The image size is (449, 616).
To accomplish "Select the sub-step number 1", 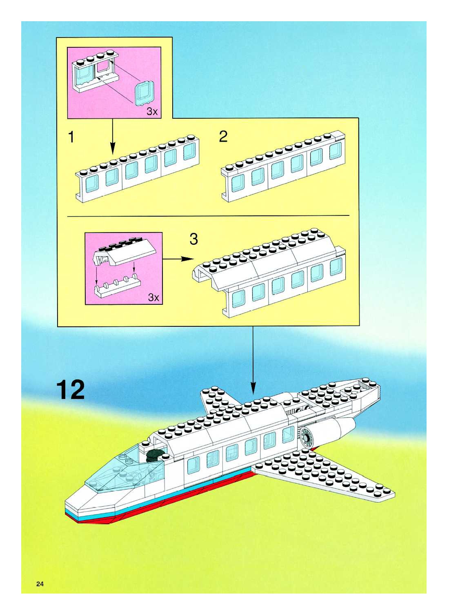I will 71,137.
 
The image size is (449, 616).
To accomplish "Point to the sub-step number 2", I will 223,136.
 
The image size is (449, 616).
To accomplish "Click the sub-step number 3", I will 193,239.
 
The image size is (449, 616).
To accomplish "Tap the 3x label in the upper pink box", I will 152,111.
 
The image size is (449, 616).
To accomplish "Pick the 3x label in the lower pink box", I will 153,297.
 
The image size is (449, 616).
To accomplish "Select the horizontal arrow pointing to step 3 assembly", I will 178,259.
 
